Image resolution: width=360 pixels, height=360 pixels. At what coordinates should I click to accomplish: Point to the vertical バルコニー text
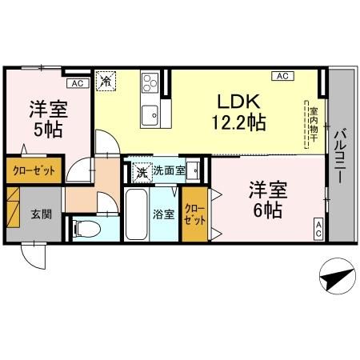tap(340, 156)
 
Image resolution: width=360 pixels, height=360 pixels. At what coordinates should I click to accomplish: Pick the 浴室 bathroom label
tap(163, 215)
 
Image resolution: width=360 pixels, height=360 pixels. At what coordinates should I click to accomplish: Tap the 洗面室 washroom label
tap(170, 170)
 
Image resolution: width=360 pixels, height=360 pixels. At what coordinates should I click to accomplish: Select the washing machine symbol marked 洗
tap(141, 170)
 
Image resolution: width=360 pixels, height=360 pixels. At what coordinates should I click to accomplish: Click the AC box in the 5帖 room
tap(76, 82)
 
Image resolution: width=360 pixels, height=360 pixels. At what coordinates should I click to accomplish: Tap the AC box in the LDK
tap(282, 76)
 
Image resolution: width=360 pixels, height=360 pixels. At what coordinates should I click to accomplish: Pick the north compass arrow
tap(334, 279)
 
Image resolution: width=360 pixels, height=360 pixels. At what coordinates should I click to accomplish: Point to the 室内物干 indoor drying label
tap(314, 124)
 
